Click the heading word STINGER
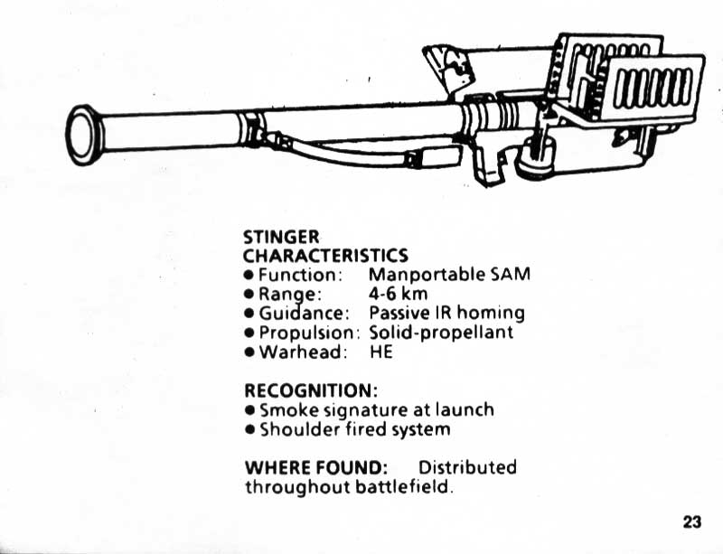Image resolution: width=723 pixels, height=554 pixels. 281,238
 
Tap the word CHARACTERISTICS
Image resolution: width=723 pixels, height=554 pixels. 325,256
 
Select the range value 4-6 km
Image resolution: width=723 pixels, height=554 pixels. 398,294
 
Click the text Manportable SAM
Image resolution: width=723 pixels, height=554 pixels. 449,274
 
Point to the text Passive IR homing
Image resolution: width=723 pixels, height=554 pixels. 446,313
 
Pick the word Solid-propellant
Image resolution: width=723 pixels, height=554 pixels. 441,332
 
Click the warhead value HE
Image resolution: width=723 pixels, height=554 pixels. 381,352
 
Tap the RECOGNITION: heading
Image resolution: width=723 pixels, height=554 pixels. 310,390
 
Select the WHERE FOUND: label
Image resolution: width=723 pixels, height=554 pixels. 316,467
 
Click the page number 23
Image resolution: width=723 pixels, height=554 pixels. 692,521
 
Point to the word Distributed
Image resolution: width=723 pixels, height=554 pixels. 467,467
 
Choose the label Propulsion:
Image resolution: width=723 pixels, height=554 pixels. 309,332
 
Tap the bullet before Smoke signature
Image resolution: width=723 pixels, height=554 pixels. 249,410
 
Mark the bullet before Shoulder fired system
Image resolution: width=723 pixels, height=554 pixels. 249,429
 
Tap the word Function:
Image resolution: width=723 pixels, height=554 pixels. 299,274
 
